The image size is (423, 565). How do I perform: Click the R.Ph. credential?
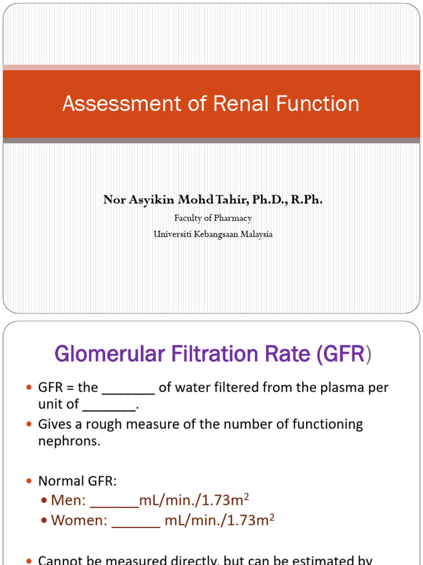[x=307, y=200]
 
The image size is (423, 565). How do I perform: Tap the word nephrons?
[x=69, y=441]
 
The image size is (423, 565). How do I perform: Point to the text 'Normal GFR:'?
[x=77, y=481]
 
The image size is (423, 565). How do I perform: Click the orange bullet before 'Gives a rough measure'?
[x=30, y=424]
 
